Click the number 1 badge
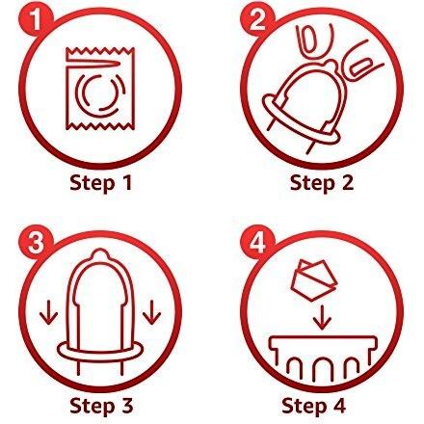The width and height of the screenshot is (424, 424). pyautogui.click(x=37, y=18)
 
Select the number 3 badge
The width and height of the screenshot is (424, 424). pyautogui.click(x=35, y=241)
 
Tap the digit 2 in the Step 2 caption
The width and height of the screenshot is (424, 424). pyautogui.click(x=346, y=183)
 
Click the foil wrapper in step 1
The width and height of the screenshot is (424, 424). pyautogui.click(x=100, y=89)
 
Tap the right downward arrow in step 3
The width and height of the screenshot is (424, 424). pyautogui.click(x=152, y=311)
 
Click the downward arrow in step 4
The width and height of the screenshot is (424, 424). pyautogui.click(x=322, y=318)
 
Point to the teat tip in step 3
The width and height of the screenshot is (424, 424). pyautogui.click(x=100, y=254)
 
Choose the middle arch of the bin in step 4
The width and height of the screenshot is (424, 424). pyautogui.click(x=322, y=369)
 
